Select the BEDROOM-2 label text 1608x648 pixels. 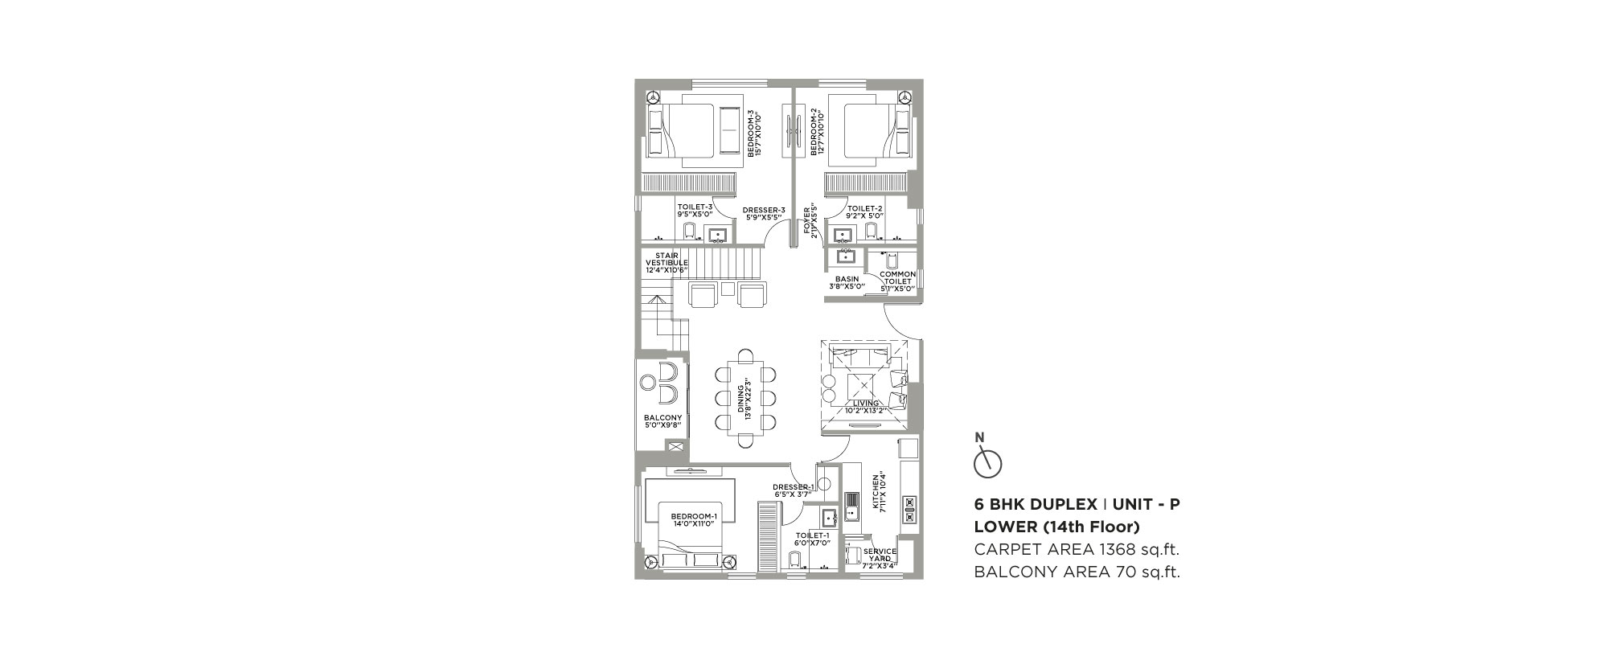818,133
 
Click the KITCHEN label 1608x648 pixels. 880,492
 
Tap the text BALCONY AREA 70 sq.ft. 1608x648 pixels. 1077,572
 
